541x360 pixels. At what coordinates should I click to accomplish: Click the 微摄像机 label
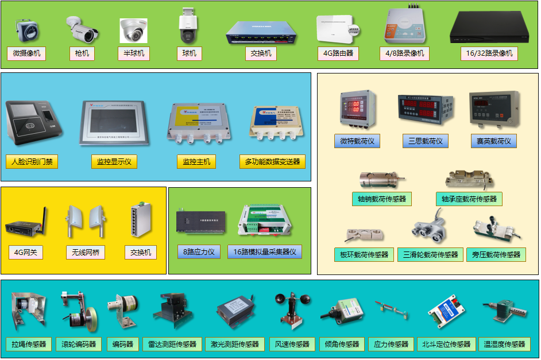(x=26, y=53)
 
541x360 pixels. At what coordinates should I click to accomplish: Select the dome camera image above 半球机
(x=134, y=30)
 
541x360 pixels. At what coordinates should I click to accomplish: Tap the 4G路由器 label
(x=338, y=54)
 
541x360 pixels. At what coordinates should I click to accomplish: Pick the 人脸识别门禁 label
(x=32, y=162)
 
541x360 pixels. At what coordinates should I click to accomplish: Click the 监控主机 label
(x=196, y=162)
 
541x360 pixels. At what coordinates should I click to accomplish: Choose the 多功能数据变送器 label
(x=272, y=162)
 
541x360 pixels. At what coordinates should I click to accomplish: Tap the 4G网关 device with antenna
(x=25, y=224)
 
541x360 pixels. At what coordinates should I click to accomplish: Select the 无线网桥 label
(x=85, y=252)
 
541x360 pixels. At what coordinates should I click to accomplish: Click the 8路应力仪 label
(x=199, y=251)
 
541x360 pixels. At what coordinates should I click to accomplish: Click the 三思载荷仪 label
(x=424, y=141)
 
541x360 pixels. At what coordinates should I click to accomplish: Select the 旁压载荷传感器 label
(x=496, y=254)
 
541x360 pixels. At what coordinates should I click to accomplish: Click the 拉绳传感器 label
(x=29, y=344)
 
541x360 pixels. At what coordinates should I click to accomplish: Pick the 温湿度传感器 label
(x=505, y=344)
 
